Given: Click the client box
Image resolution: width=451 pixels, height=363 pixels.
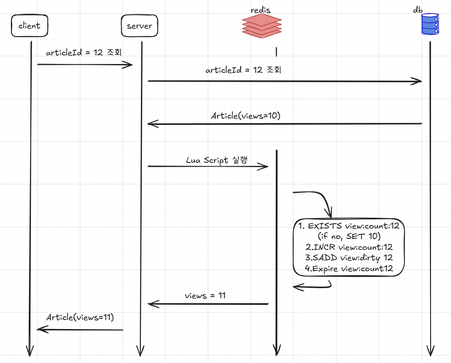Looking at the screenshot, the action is point(29,26).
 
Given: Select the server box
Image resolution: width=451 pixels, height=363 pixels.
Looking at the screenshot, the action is point(140,26).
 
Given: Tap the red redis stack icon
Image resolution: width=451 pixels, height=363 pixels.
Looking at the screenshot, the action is point(262,26).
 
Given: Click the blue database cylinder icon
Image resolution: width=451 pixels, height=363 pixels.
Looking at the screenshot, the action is point(430,24).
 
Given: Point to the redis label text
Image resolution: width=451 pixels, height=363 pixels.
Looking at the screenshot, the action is point(261,10).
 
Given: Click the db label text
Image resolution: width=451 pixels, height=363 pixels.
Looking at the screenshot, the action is point(418,10).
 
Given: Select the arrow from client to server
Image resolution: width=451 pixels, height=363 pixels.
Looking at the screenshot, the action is point(85,64).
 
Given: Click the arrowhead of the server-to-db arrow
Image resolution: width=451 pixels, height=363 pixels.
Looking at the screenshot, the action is point(416,81).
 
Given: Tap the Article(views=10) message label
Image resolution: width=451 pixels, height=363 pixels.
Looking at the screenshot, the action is point(246,115).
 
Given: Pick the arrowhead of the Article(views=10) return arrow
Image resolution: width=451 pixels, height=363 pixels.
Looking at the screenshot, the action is point(153,124).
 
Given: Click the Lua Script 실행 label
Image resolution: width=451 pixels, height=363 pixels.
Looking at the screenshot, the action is point(217,160).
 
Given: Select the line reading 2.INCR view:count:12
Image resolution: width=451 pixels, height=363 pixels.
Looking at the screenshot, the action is point(349,247).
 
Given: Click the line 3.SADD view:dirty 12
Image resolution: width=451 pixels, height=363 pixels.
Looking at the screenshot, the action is point(349,258).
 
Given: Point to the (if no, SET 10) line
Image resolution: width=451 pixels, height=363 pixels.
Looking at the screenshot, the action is point(349,236).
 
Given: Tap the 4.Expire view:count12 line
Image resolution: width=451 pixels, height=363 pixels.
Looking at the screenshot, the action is point(349,269).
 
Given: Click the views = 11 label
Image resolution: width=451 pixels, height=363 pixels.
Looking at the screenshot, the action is point(205,296).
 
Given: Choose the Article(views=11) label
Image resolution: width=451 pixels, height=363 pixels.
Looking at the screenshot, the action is point(80,317).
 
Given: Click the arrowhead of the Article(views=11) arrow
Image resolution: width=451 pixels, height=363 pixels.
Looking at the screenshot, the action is point(43,329).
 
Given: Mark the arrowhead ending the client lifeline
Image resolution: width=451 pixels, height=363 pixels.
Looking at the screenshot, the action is point(30,351).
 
